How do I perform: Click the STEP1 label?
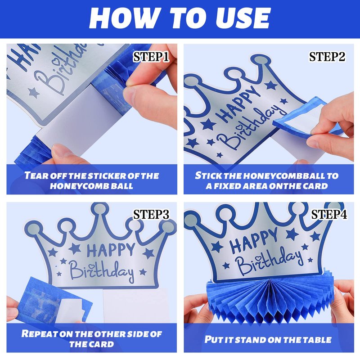coord(151,57)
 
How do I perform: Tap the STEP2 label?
coord(327,57)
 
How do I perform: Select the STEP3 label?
coord(151,215)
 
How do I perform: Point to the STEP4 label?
coord(329,215)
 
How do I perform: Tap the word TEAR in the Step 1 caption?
coord(36,175)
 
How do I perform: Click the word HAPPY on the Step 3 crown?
coord(111,250)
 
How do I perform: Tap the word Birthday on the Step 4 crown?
coord(269,262)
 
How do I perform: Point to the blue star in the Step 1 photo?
coord(33,93)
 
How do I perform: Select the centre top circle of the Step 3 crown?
coord(99,209)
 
